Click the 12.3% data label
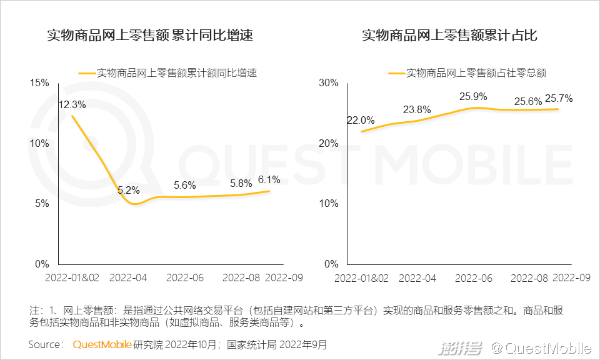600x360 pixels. (72, 105)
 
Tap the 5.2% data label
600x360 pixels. (129, 190)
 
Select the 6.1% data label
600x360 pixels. (269, 180)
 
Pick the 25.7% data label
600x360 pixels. (559, 99)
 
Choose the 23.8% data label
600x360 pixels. (417, 110)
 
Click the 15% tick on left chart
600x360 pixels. (39, 83)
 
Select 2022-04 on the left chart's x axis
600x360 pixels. (129, 277)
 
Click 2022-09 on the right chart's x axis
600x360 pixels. (571, 277)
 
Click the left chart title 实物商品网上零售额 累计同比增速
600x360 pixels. (150, 36)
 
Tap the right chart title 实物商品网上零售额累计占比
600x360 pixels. (449, 36)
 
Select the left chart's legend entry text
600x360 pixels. (177, 72)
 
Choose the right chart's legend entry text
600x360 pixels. (476, 72)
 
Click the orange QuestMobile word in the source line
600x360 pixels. (102, 344)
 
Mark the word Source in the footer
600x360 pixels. (45, 344)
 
